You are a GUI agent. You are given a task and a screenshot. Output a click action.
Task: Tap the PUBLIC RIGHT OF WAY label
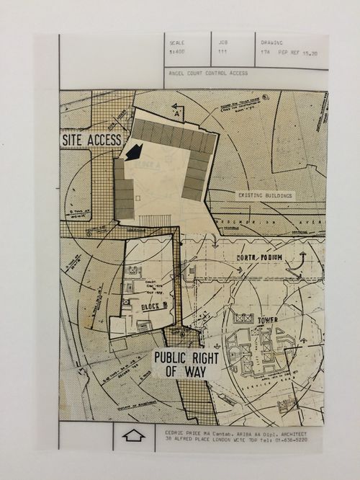click(186, 364)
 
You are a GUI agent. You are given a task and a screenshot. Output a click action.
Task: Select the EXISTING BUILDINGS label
click(266, 195)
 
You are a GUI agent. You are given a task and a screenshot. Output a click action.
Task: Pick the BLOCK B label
click(154, 307)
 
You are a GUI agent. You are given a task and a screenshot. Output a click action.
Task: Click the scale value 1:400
click(176, 53)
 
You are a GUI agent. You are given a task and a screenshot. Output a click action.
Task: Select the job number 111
click(223, 53)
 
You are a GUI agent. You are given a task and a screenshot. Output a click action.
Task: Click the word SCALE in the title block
click(176, 43)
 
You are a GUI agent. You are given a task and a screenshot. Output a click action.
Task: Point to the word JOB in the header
click(222, 43)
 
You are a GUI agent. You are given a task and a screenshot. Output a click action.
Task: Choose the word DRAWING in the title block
click(272, 43)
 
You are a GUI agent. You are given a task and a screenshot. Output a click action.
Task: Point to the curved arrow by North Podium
click(302, 263)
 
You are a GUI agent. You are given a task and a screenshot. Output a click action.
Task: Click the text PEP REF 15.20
click(298, 53)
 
